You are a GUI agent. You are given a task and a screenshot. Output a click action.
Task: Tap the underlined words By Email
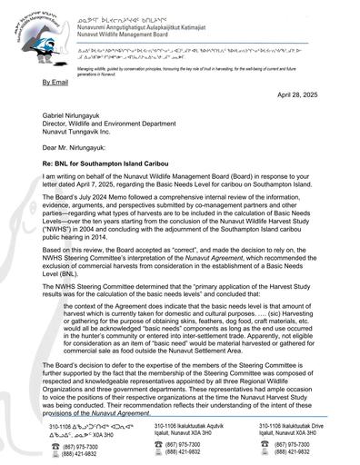(57, 82)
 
